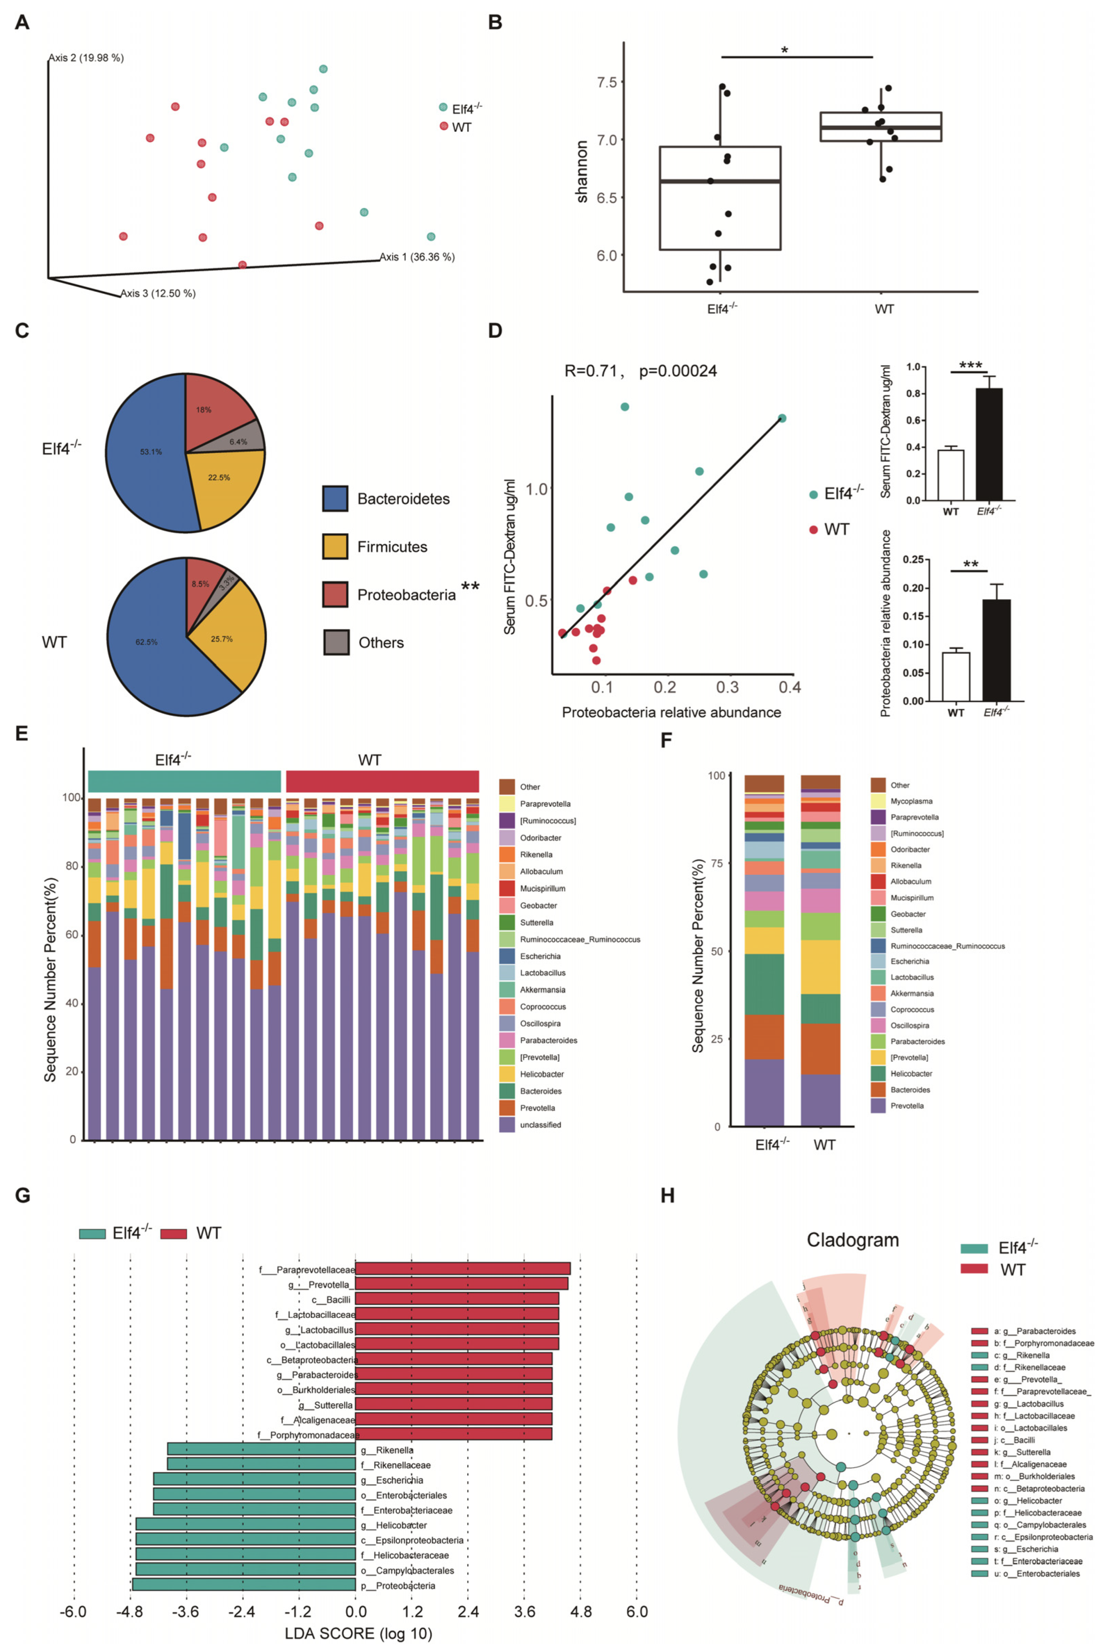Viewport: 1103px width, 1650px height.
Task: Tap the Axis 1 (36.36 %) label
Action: [417, 257]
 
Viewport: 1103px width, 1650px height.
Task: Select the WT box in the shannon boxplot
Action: [881, 127]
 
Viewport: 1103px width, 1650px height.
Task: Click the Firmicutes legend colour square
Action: [335, 547]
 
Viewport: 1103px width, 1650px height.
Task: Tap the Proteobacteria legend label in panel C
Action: [406, 595]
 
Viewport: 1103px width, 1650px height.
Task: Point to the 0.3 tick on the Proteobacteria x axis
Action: [727, 687]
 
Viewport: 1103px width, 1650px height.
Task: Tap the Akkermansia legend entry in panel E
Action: [542, 989]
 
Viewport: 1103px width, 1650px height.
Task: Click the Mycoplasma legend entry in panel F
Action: [911, 801]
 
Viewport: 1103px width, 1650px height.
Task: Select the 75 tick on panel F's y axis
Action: [717, 863]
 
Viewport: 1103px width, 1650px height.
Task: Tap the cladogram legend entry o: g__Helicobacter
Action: [1027, 1500]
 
